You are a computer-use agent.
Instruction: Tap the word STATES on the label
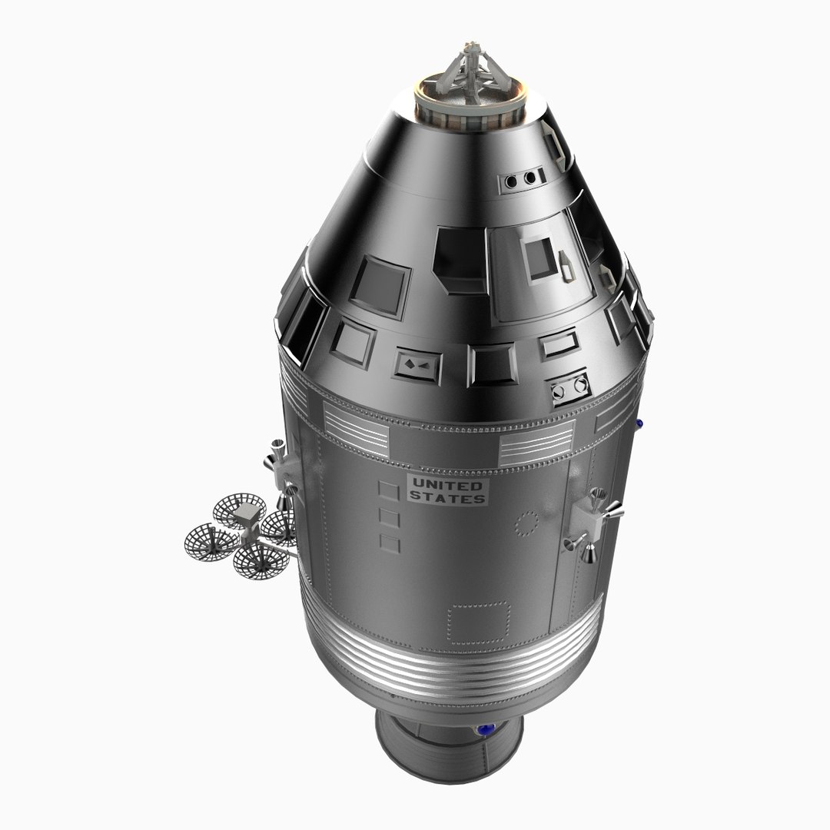pyautogui.click(x=447, y=498)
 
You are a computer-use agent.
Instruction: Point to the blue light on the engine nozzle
pyautogui.click(x=485, y=730)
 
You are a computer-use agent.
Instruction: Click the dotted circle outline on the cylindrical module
pyautogui.click(x=527, y=525)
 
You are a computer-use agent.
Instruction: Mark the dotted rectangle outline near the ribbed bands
pyautogui.click(x=480, y=622)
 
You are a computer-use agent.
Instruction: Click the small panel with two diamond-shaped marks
pyautogui.click(x=418, y=364)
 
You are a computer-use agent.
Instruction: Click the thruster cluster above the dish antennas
pyautogui.click(x=281, y=469)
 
